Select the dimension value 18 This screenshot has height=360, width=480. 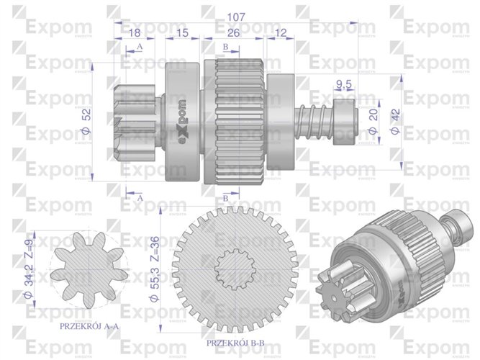135,33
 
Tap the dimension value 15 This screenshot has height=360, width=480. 181,33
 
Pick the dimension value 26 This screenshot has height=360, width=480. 233,33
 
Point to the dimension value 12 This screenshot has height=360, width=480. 280,33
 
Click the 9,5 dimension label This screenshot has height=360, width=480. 344,86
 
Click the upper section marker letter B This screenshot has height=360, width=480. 225,48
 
